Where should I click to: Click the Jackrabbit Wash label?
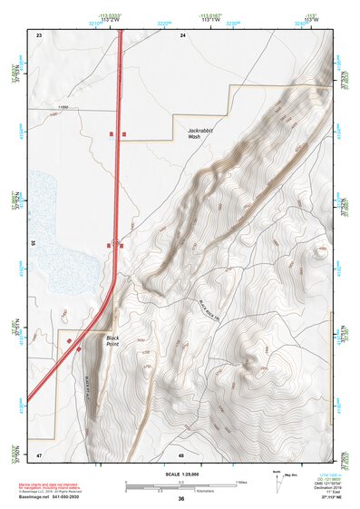204,134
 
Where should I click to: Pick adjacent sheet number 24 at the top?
182,34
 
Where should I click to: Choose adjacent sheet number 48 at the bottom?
181,455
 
